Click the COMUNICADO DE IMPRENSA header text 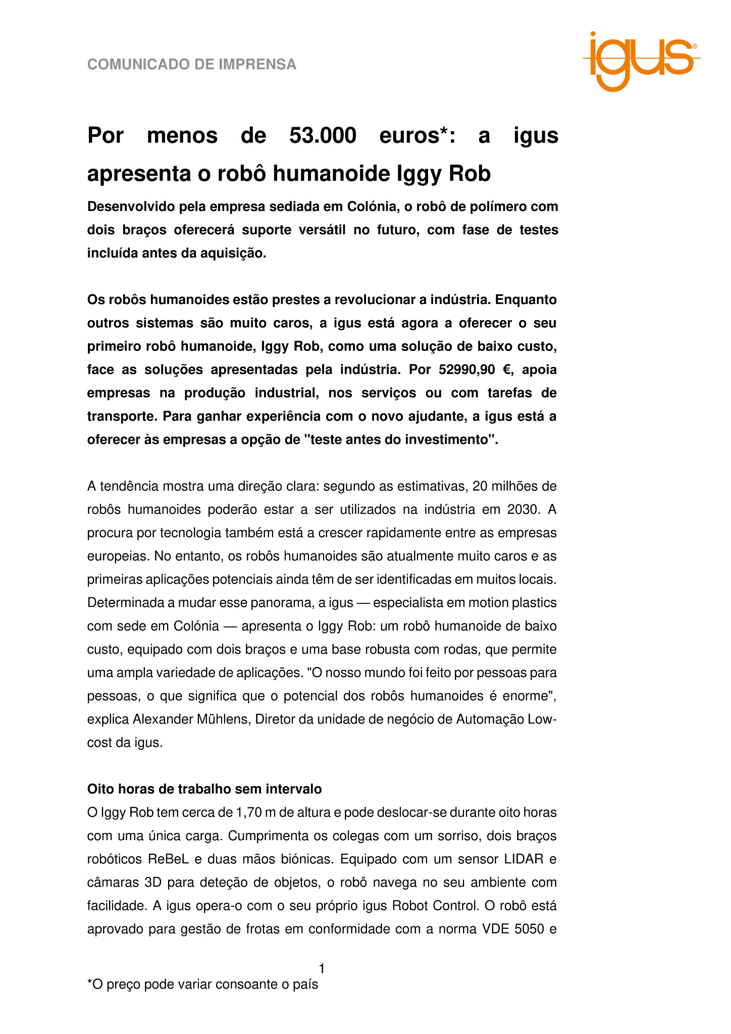pos(192,65)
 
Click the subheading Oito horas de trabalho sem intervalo pos(204,789)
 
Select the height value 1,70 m pos(255,812)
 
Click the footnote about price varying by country pos(203,984)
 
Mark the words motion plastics pos(512,602)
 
